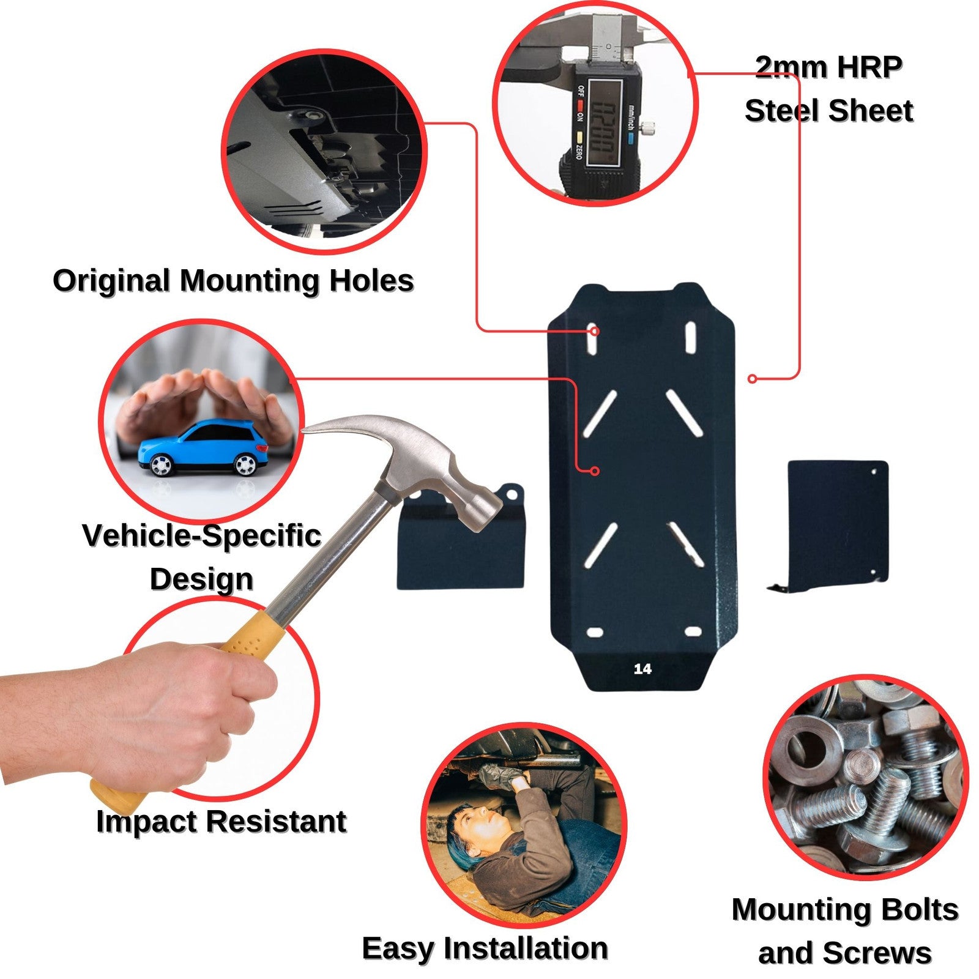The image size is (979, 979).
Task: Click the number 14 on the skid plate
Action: point(642,669)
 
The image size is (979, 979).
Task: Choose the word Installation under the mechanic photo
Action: point(526,948)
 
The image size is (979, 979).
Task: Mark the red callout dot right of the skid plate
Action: point(752,379)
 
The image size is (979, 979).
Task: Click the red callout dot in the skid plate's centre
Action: point(594,471)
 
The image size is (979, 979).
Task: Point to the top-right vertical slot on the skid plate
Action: point(691,338)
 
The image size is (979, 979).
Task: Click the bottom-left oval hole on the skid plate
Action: point(595,632)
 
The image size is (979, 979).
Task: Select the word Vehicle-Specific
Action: point(202,535)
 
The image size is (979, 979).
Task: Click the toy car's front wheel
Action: point(160,465)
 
